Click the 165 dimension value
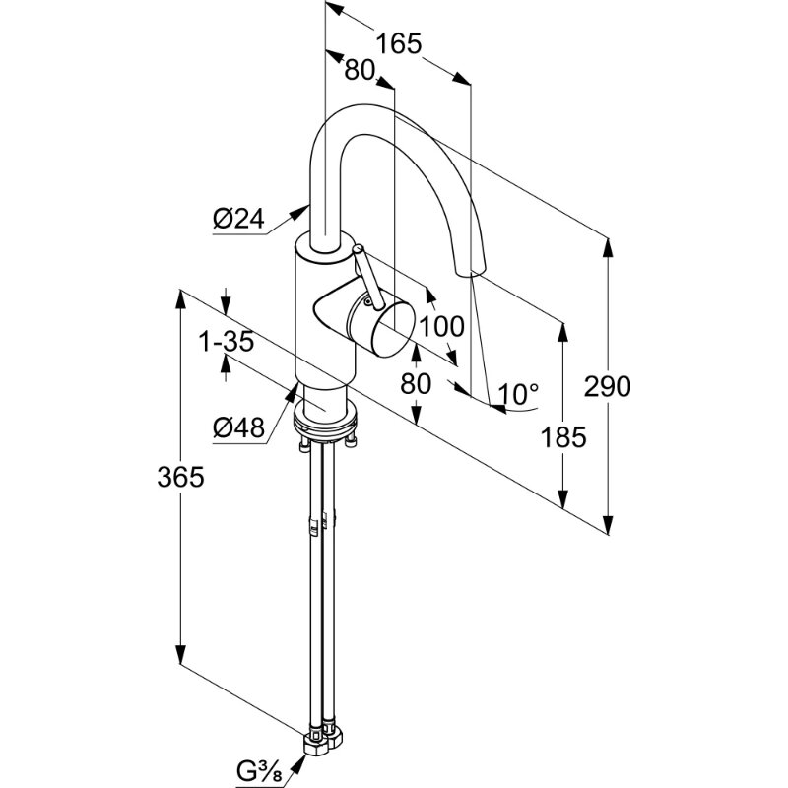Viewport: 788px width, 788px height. tap(398, 43)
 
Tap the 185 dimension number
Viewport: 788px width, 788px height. tap(564, 436)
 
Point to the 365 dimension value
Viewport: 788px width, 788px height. tap(180, 477)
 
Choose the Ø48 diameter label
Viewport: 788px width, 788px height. tap(238, 427)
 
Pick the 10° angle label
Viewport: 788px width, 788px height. tap(519, 395)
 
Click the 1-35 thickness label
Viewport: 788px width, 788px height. tap(228, 342)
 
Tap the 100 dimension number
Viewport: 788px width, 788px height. tap(441, 326)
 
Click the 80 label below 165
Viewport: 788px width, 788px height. tap(361, 71)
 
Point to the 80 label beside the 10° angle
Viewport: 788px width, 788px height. tap(417, 383)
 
